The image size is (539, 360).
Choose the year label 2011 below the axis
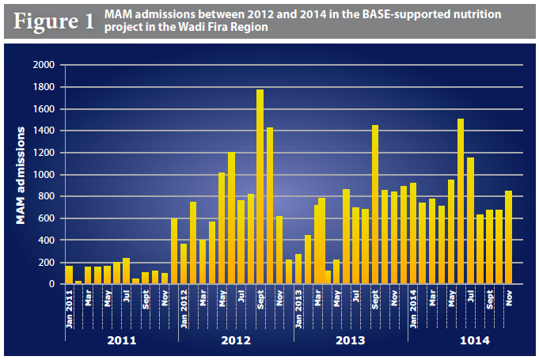121,340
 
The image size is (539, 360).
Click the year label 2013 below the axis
351,340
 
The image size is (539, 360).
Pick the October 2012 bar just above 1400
269,206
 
